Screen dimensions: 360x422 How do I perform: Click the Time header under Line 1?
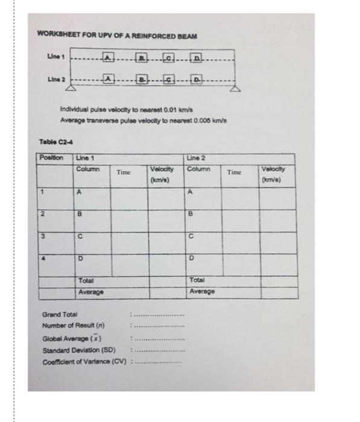[124, 172]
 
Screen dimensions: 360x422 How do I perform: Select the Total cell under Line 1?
[85, 280]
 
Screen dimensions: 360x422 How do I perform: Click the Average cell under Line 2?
[202, 292]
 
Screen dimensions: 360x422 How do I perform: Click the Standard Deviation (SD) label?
[75, 350]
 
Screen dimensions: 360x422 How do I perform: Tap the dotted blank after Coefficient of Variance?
[159, 362]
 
